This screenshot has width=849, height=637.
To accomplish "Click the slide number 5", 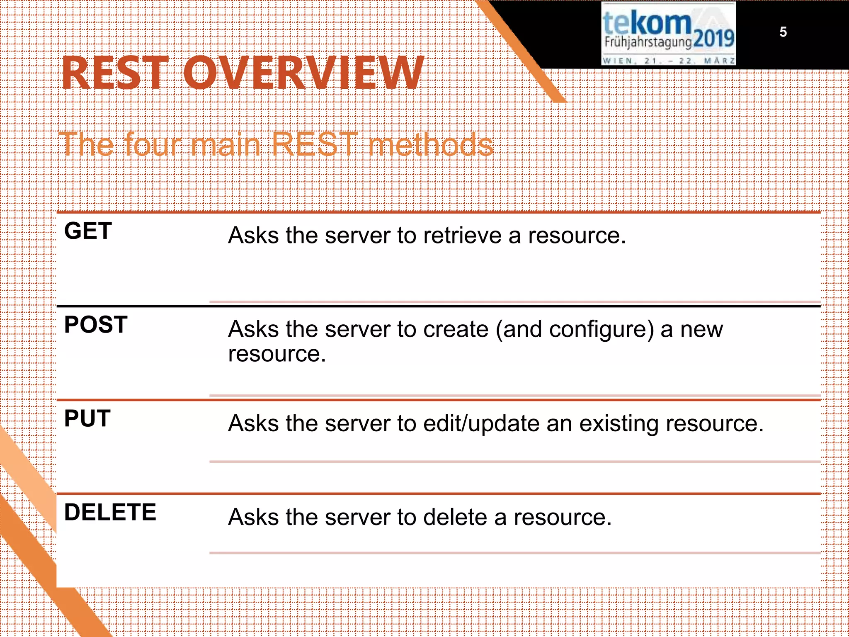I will coord(783,32).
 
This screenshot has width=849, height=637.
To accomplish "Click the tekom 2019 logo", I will coord(668,33).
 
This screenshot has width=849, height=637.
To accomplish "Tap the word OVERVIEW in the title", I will coord(304,73).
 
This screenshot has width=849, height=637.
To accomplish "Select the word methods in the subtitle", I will coord(431,145).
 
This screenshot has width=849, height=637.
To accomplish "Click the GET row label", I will coord(88,231).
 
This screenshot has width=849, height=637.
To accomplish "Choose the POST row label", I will coord(96,325).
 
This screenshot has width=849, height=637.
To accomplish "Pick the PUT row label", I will coord(87,418).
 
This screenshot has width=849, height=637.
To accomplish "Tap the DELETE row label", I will coord(110,512).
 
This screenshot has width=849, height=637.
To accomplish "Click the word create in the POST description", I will coord(456,330).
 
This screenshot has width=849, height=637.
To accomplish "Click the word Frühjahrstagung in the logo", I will coord(648,42).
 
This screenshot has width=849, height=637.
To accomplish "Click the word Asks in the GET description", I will coord(253,236).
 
